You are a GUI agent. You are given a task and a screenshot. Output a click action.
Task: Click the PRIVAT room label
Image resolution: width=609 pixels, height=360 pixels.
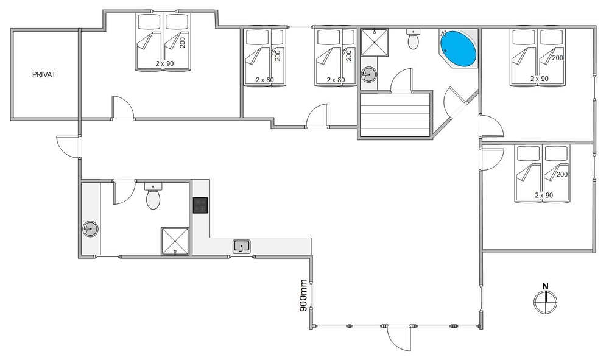tap(44, 74)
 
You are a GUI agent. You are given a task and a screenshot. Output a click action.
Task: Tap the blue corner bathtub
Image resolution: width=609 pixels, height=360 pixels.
tap(459, 49)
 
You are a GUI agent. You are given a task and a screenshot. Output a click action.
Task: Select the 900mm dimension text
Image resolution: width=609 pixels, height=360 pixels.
tap(304, 295)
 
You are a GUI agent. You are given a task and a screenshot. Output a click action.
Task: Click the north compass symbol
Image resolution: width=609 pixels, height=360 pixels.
tap(545, 299)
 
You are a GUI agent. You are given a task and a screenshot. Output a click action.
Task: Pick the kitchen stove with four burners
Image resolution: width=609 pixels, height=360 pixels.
tap(200, 205)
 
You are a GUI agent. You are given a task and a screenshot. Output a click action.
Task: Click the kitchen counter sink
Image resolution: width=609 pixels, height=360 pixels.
tap(242, 246)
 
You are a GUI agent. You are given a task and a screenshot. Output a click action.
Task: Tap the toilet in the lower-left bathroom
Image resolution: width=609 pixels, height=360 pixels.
tap(153, 196)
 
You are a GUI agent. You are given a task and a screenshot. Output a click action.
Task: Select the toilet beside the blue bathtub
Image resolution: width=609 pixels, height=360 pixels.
tap(414, 39)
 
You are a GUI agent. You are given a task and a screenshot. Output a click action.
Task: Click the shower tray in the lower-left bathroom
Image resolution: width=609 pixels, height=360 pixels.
tap(175, 242)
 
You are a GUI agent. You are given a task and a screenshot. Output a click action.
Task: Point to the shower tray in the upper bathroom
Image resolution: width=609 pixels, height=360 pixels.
tap(375, 42)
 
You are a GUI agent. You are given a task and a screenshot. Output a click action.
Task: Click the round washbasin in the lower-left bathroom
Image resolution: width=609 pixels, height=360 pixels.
tap(91, 229)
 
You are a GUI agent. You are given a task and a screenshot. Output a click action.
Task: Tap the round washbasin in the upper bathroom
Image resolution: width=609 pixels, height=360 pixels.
tap(368, 74)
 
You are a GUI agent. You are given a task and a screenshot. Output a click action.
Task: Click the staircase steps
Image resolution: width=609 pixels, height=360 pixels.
tap(395, 115)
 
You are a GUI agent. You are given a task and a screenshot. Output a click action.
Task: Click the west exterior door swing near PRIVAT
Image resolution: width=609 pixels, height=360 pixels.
tap(68, 147)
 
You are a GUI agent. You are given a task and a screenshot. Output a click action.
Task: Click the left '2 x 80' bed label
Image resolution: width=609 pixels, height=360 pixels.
tap(265, 80)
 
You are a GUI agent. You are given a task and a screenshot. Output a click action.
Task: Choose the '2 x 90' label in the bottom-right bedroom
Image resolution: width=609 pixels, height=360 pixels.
tap(544, 196)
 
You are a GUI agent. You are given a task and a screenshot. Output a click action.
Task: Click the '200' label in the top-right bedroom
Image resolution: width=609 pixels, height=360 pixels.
tap(557, 58)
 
